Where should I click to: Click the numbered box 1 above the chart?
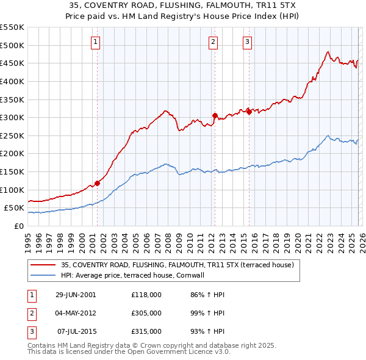point(96,42)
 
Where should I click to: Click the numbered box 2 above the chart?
point(213,42)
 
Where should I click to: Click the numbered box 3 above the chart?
point(247,42)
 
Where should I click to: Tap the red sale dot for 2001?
point(97,183)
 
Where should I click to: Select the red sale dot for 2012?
point(215,115)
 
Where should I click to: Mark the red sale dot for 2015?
point(249,112)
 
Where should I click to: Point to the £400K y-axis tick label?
point(12,81)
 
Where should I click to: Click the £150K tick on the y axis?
point(12,171)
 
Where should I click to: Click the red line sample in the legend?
point(43,265)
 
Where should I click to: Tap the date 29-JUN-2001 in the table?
point(76,295)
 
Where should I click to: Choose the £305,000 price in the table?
point(146,313)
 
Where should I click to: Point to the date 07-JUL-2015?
point(76,331)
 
